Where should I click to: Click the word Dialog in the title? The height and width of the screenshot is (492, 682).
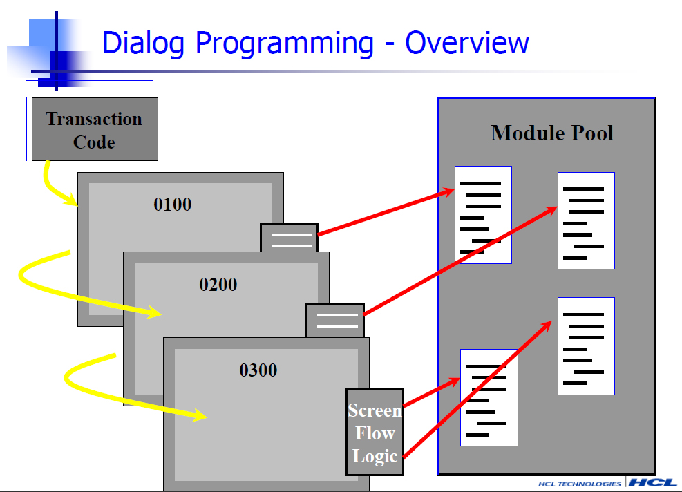[x=143, y=44]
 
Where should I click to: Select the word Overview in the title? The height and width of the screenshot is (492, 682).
[x=466, y=43]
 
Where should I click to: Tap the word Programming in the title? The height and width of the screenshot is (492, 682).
[x=285, y=44]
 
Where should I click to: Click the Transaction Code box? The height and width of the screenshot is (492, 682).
[x=95, y=129]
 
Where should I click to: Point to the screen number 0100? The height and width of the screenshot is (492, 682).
[x=173, y=205]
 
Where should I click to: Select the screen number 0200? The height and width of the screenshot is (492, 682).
[x=218, y=285]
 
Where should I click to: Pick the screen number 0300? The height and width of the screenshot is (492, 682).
[x=258, y=370]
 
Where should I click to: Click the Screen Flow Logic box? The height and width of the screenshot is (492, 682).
[x=375, y=433]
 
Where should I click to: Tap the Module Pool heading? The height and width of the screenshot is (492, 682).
[x=552, y=133]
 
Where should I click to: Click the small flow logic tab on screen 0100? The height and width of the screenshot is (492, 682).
[x=290, y=238]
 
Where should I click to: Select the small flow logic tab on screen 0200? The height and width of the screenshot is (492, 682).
[x=335, y=320]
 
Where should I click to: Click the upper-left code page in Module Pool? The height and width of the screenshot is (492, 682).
[x=483, y=215]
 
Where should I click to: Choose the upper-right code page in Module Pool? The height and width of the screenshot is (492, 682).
[x=587, y=221]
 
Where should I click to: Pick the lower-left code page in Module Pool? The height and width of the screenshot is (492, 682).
[x=489, y=397]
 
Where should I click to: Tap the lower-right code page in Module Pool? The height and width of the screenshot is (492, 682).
[x=587, y=346]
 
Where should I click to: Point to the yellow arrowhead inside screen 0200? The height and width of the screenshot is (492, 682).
[x=154, y=312]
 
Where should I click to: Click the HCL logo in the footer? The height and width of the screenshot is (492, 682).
[x=653, y=482]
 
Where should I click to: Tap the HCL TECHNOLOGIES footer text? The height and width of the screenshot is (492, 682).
[x=579, y=484]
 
